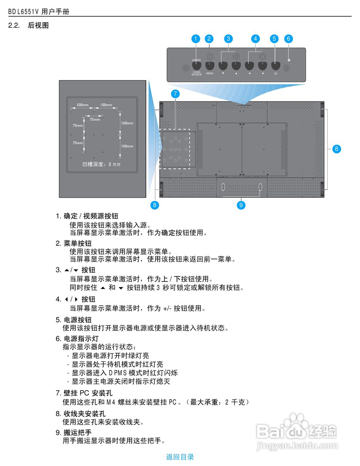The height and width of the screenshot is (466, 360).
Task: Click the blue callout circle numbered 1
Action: pyautogui.click(x=195, y=39)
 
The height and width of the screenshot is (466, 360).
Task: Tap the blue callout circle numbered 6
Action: pyautogui.click(x=288, y=39)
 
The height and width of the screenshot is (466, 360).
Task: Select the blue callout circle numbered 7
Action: pyautogui.click(x=175, y=94)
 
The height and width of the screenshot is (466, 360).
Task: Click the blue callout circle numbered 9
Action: pyautogui.click(x=241, y=205)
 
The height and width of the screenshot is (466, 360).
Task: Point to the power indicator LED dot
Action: pyautogui.click(x=289, y=60)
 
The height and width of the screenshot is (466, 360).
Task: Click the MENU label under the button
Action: pyautogui.click(x=210, y=73)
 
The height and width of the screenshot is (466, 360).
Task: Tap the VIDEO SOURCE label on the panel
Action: pyautogui.click(x=197, y=73)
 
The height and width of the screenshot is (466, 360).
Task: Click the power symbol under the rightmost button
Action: pyautogui.click(x=276, y=74)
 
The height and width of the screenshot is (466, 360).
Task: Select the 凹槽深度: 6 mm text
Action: pyautogui.click(x=101, y=164)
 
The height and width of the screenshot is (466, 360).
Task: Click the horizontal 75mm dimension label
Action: pyautogui.click(x=95, y=119)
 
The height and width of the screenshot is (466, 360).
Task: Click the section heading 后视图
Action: pyautogui.click(x=38, y=25)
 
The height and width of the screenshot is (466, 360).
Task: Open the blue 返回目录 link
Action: pyautogui.click(x=180, y=457)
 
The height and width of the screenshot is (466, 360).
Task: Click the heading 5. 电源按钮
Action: pyautogui.click(x=74, y=320)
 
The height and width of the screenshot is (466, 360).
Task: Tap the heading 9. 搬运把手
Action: pyautogui.click(x=74, y=433)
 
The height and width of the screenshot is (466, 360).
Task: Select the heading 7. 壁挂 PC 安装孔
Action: pyautogui.click(x=84, y=393)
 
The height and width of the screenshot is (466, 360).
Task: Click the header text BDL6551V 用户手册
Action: pyautogui.click(x=39, y=11)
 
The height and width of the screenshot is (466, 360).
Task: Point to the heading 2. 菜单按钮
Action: pyautogui.click(x=74, y=244)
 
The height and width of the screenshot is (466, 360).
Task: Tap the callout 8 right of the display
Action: pyautogui.click(x=336, y=149)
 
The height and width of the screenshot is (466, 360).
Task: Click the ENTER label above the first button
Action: pyautogui.click(x=197, y=60)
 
